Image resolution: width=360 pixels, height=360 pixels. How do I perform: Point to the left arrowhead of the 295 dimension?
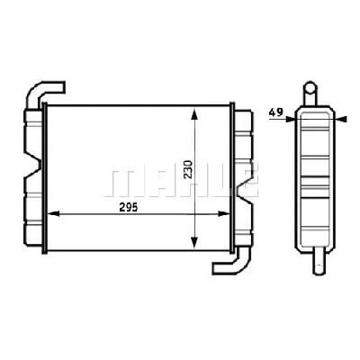click(x=50, y=214)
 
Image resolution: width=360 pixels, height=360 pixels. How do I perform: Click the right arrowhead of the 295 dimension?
click(x=229, y=214)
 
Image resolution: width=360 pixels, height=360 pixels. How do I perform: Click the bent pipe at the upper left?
click(x=45, y=91)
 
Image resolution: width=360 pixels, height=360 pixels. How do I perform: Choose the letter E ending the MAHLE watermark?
click(x=245, y=179)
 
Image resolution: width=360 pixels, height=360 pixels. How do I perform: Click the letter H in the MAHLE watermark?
click(x=185, y=179)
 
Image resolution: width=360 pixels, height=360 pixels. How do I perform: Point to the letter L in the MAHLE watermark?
click(x=216, y=179)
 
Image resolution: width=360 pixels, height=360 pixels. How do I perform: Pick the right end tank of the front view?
click(x=241, y=175)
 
